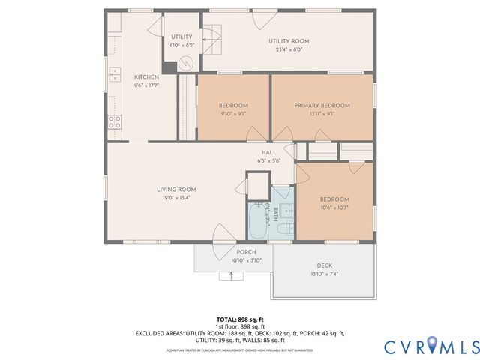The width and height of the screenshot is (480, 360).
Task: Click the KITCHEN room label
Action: coord(145,77)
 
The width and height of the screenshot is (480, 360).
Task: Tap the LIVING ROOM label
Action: coord(176,189)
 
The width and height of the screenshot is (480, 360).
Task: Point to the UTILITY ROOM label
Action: coord(289,41)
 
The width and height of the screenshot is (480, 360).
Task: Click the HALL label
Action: coord(268,152)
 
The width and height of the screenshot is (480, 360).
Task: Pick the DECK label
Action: coord(324,265)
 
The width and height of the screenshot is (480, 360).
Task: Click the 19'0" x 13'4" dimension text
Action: coord(176,198)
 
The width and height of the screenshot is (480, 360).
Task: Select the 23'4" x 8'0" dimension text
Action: coord(289,50)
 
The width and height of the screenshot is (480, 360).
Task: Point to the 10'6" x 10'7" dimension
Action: coord(334,208)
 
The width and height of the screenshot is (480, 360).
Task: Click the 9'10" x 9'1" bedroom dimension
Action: coord(233,114)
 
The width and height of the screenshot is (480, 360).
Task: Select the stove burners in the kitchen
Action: coord(115,122)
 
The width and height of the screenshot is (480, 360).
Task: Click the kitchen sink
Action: coord(115,73)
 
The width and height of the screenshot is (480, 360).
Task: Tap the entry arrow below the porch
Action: coord(231,274)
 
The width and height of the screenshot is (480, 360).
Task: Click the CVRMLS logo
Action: coord(431,346)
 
